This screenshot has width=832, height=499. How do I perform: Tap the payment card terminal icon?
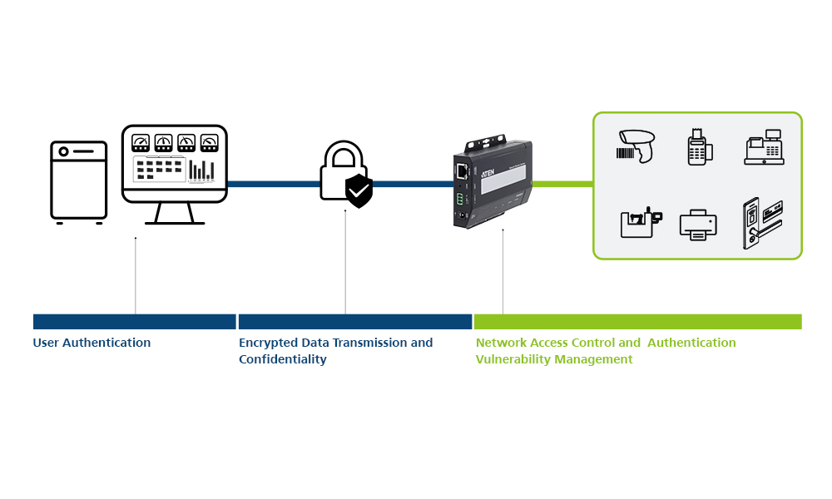[x=697, y=146]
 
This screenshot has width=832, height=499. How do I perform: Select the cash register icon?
[x=765, y=147]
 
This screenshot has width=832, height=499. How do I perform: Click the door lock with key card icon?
[x=762, y=222]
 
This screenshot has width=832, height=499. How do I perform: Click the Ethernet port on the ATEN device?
[x=460, y=171]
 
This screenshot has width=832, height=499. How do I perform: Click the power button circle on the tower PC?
[x=63, y=152]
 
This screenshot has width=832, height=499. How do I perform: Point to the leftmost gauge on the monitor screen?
[x=141, y=142]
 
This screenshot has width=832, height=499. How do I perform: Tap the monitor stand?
[x=174, y=213]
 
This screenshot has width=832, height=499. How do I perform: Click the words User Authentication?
[x=92, y=343]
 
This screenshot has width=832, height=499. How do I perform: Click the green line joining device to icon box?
[x=562, y=184]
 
